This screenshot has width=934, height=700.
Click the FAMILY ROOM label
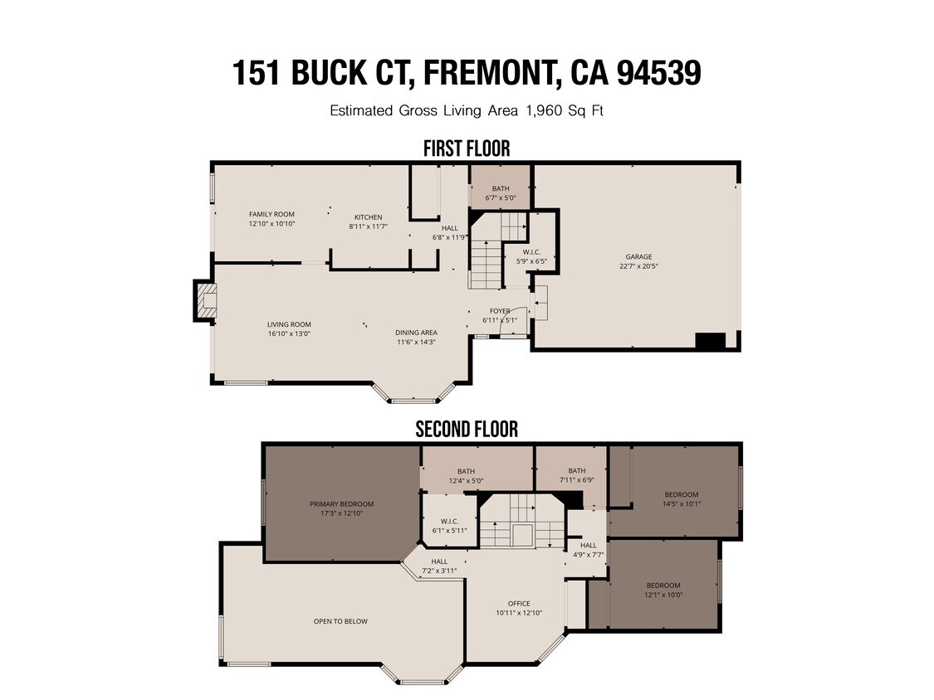point(271,215)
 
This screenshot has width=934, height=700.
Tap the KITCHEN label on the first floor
point(368,217)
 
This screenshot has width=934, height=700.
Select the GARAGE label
point(638,257)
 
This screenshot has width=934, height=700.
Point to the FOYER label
point(500,311)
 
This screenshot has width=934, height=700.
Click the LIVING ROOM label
point(288,324)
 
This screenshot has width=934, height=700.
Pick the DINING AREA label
point(416,333)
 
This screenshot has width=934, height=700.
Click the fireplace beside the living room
point(205,300)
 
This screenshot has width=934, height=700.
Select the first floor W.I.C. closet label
point(532,252)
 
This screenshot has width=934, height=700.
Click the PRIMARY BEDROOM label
point(341,503)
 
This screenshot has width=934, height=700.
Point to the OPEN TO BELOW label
point(340,621)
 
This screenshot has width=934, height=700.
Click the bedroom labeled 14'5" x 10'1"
point(681,495)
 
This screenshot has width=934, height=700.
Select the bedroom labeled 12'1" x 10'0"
point(663,586)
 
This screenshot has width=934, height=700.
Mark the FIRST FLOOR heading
point(467,148)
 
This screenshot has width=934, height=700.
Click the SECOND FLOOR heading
point(467,429)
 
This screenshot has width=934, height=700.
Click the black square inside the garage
point(710,340)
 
